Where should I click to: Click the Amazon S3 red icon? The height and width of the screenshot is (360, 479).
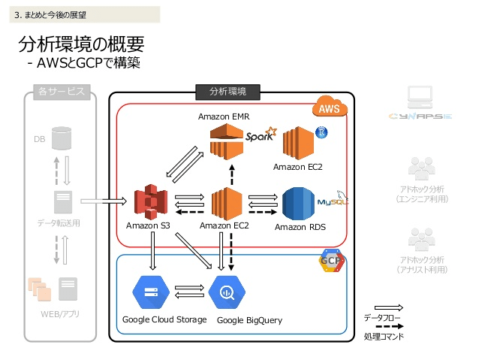(x=150, y=203)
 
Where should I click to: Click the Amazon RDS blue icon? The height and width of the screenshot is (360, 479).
(x=298, y=204)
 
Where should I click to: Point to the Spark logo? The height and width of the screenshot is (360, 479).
(x=261, y=135)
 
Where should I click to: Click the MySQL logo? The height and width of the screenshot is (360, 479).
(x=330, y=201)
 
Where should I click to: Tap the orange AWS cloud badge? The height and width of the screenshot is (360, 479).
(x=329, y=109)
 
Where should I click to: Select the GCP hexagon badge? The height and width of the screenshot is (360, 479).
(x=331, y=260)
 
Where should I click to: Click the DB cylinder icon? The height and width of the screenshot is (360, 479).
(x=62, y=138)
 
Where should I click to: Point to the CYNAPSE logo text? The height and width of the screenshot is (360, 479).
(x=420, y=117)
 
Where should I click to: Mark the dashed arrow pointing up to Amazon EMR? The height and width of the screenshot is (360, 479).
(x=231, y=174)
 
